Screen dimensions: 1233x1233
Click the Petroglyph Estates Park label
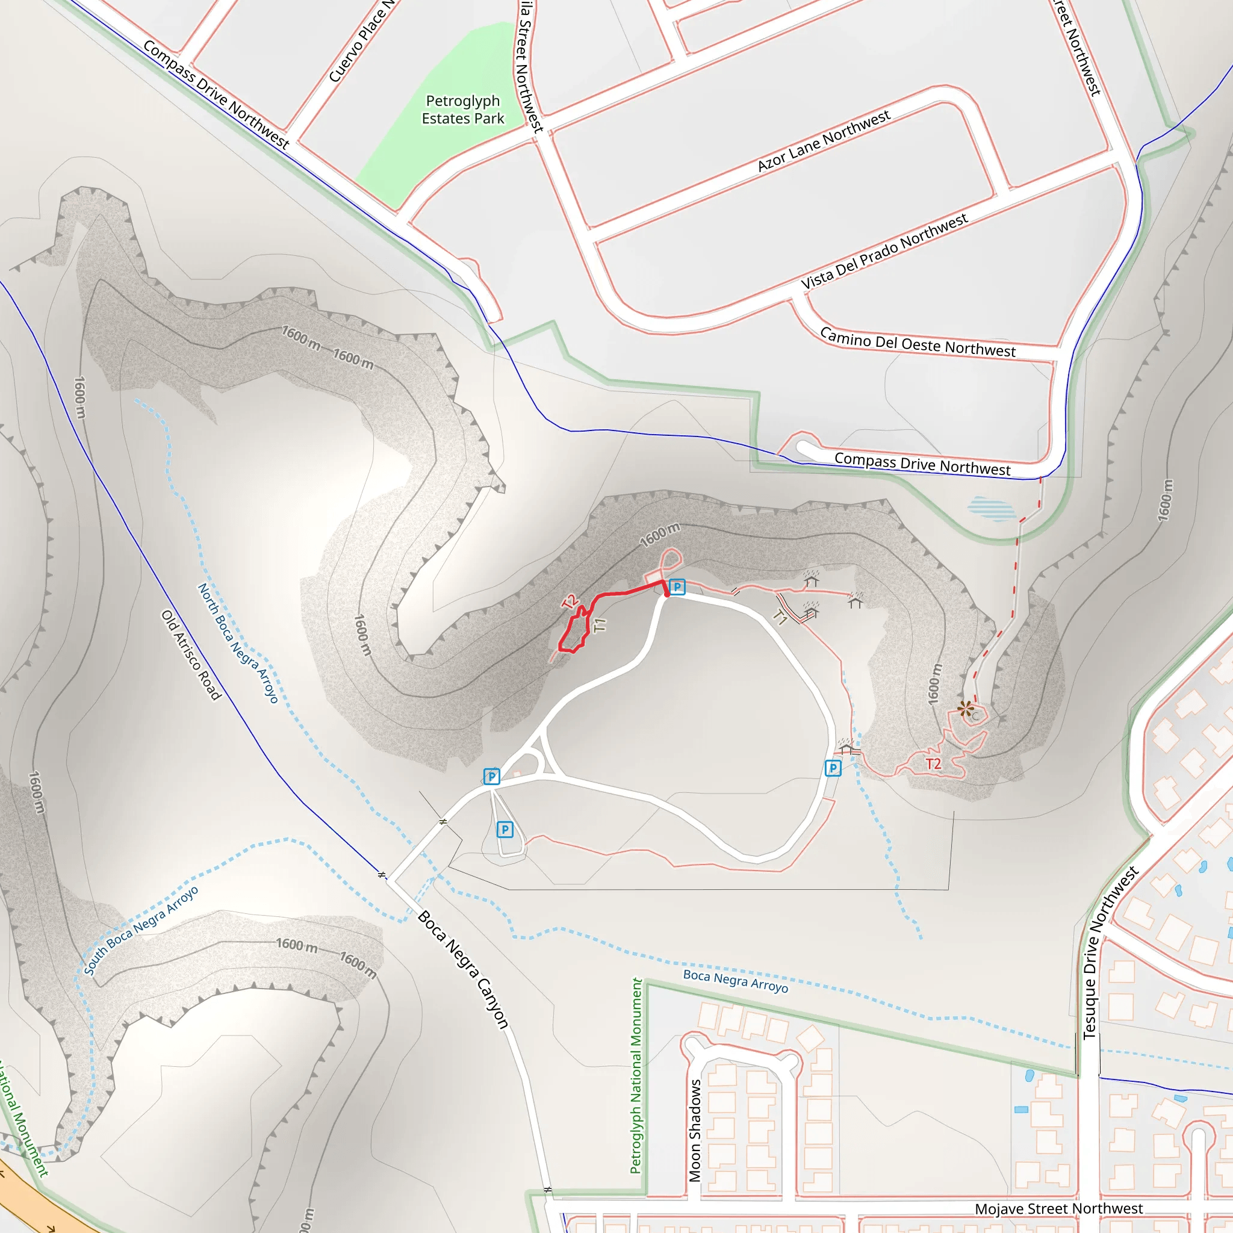pyautogui.click(x=463, y=110)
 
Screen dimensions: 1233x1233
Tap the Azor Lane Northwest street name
pyautogui.click(x=823, y=141)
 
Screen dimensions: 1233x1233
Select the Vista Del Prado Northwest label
pyautogui.click(x=884, y=252)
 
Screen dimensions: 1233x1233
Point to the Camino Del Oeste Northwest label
pyautogui.click(x=917, y=343)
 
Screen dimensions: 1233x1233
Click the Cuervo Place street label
pyautogui.click(x=361, y=42)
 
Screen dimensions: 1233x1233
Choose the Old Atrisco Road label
pyautogui.click(x=191, y=655)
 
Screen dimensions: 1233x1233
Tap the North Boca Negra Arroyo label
pyautogui.click(x=237, y=642)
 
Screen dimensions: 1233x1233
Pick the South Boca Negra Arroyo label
pyautogui.click(x=141, y=931)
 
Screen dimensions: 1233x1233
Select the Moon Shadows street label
pyautogui.click(x=695, y=1130)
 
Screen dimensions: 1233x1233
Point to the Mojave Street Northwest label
pyautogui.click(x=1058, y=1209)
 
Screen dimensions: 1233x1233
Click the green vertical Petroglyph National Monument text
pyautogui.click(x=636, y=1075)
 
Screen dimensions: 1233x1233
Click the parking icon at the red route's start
pyautogui.click(x=677, y=586)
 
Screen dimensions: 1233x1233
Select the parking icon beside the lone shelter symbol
pyautogui.click(x=833, y=768)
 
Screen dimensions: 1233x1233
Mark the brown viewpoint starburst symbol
pyautogui.click(x=966, y=709)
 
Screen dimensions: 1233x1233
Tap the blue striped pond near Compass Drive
pyautogui.click(x=990, y=509)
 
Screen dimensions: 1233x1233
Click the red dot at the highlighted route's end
pyautogui.click(x=667, y=594)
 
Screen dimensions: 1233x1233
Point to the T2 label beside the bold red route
pyautogui.click(x=570, y=601)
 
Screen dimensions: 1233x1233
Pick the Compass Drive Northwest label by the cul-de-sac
pyautogui.click(x=922, y=464)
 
